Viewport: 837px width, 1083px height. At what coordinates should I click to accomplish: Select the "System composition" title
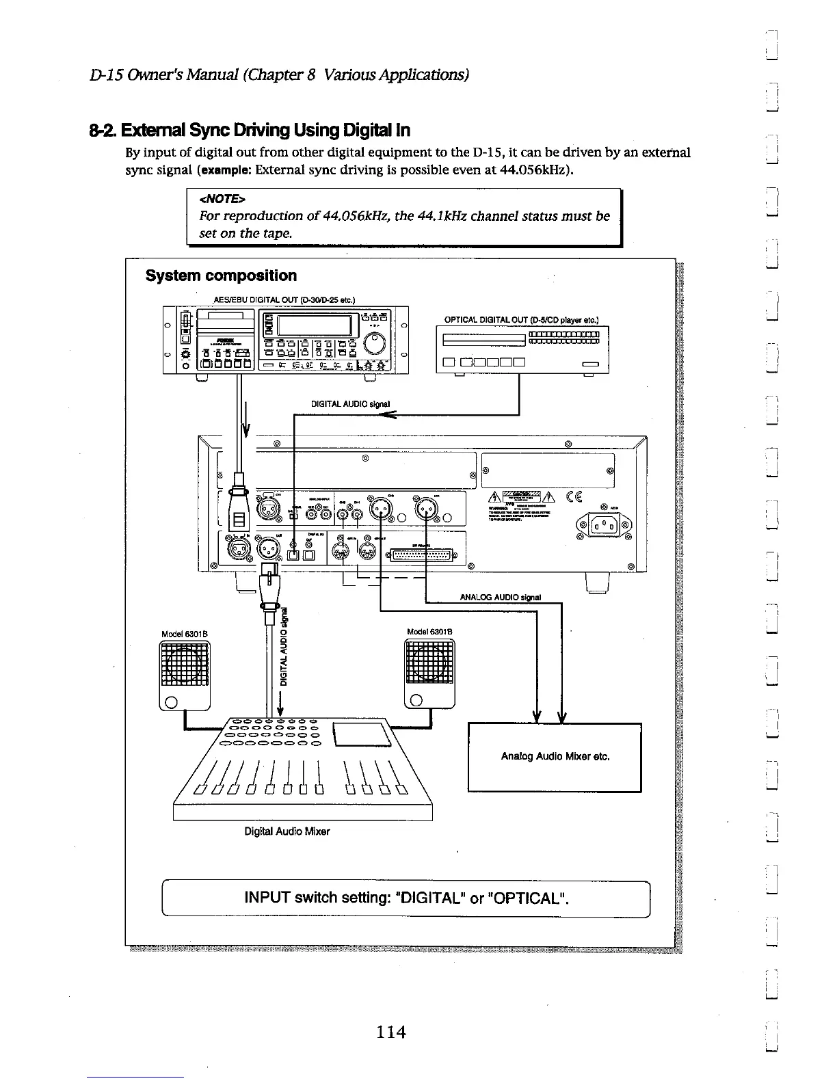click(x=221, y=276)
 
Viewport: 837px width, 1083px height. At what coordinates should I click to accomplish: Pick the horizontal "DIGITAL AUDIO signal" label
click(x=350, y=403)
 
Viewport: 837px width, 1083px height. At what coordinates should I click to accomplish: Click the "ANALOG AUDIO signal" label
click(x=500, y=597)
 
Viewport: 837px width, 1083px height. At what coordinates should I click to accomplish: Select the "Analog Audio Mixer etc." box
click(x=555, y=757)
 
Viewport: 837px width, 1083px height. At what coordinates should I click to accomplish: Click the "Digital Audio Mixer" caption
click(x=287, y=831)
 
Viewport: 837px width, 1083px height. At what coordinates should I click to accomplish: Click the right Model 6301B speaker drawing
click(x=429, y=673)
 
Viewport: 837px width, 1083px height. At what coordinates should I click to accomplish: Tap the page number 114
click(x=390, y=1032)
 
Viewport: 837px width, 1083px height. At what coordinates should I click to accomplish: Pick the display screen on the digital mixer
click(x=361, y=736)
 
